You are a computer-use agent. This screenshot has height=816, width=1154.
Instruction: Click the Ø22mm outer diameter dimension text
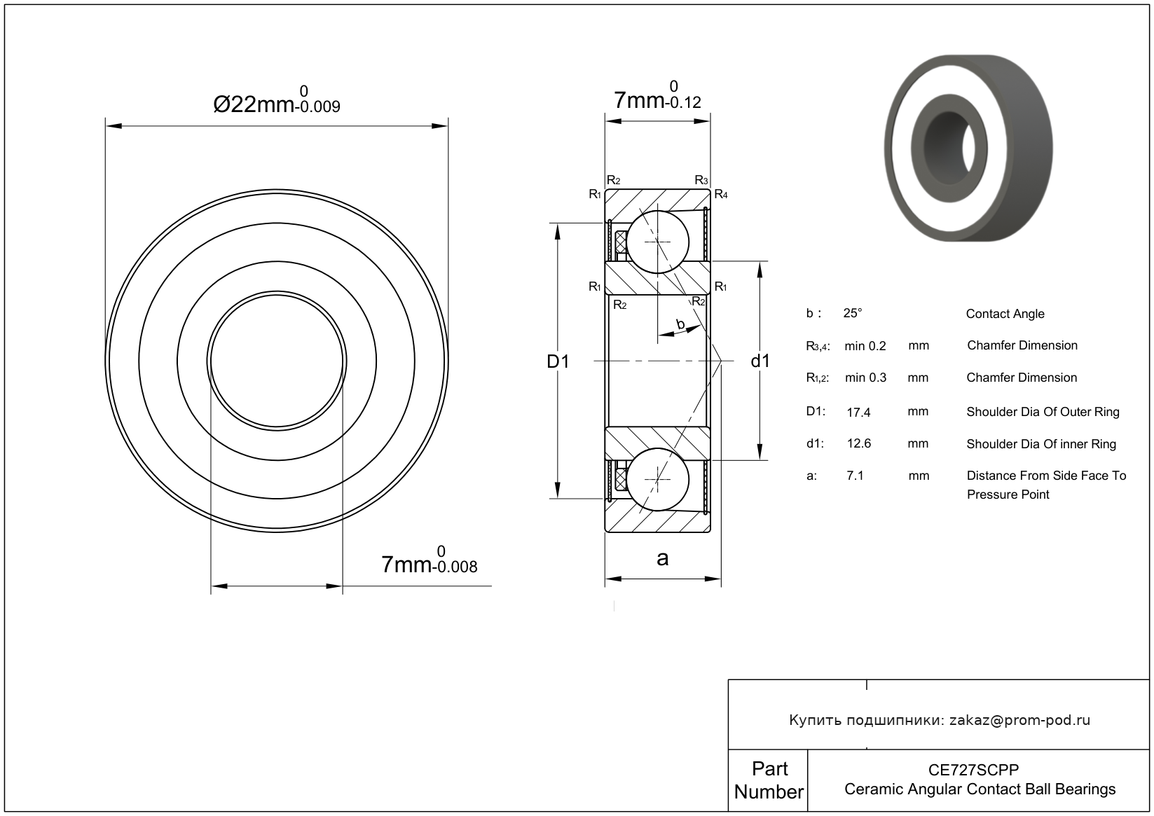(x=277, y=100)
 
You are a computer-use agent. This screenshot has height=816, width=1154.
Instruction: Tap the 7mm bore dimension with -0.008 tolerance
(x=429, y=560)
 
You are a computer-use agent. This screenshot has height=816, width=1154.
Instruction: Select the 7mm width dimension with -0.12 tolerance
(x=657, y=96)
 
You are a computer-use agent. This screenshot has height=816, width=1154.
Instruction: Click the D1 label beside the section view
(x=558, y=361)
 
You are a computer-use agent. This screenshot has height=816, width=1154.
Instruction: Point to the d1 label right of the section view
(x=760, y=361)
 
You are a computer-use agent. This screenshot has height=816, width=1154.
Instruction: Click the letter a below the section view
(x=663, y=558)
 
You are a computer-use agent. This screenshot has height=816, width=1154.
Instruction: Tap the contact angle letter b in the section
(x=680, y=324)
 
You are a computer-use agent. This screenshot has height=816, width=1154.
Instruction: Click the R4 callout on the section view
(x=721, y=194)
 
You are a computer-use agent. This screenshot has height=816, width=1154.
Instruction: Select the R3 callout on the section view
(x=701, y=180)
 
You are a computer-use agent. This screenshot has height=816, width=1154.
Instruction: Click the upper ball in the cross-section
(x=658, y=242)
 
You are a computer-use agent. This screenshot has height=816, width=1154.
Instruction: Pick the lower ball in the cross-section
(x=658, y=479)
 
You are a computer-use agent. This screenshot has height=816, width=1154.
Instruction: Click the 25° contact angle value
(x=853, y=313)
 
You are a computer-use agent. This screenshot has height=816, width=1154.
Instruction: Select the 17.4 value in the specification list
(x=859, y=412)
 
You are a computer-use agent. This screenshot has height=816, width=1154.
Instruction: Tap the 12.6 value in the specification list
(x=859, y=443)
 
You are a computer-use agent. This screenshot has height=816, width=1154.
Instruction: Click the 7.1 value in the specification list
(x=856, y=476)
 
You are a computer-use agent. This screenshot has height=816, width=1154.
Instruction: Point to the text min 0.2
(x=865, y=346)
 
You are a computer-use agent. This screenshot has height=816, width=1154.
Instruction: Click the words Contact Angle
(x=1005, y=314)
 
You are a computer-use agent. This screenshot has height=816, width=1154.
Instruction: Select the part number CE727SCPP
(x=974, y=770)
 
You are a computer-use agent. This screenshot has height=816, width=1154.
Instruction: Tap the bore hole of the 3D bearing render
(x=951, y=148)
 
